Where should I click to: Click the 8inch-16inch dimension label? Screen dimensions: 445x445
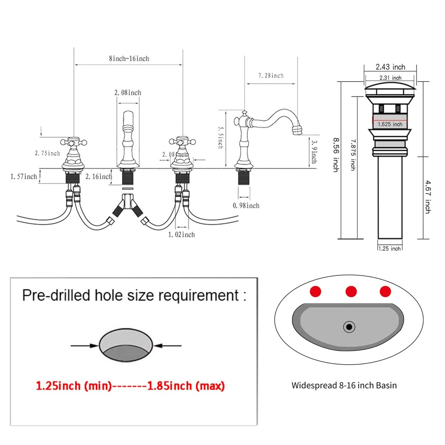click(x=129, y=59)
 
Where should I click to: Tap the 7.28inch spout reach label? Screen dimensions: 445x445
click(x=271, y=76)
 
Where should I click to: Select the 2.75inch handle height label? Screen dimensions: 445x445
click(x=47, y=153)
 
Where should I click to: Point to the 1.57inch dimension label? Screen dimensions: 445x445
click(x=24, y=177)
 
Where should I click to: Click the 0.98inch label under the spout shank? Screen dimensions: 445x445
click(x=246, y=205)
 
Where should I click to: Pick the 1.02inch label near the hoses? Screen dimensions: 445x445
click(x=181, y=234)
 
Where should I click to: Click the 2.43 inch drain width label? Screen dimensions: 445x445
click(x=390, y=67)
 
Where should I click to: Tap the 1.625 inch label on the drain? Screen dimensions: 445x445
click(x=390, y=124)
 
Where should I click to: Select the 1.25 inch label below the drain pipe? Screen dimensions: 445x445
click(x=390, y=248)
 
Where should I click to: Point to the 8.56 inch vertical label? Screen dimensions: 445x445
click(x=336, y=155)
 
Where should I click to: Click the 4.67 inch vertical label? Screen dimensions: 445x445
click(x=428, y=197)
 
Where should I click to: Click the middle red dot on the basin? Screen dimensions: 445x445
click(x=351, y=291)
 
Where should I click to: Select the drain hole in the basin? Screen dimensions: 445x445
click(x=349, y=327)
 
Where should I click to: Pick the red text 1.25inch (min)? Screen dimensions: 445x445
click(x=73, y=386)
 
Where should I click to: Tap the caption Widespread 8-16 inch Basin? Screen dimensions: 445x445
click(x=344, y=385)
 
